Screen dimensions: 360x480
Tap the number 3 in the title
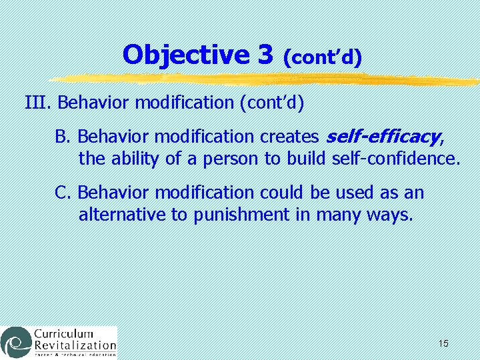pyautogui.click(x=265, y=55)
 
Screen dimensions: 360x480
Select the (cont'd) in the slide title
pyautogui.click(x=322, y=58)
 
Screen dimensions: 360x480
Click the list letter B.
pyautogui.click(x=62, y=137)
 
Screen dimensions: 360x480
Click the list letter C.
pyautogui.click(x=62, y=193)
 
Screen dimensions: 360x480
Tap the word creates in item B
pyautogui.click(x=288, y=137)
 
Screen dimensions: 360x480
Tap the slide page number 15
pyautogui.click(x=443, y=343)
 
